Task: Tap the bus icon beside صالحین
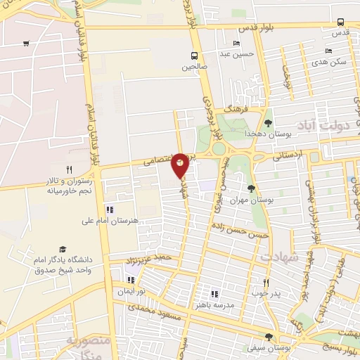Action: (x=195, y=56)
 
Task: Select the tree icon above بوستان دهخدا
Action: (x=268, y=123)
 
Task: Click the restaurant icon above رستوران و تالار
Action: (x=69, y=169)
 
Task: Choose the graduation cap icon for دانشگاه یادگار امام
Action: (x=63, y=250)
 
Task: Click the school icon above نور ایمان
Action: (x=130, y=281)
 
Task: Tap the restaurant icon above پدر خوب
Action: (x=266, y=283)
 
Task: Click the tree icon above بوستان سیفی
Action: (x=269, y=337)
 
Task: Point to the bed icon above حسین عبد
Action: (x=236, y=43)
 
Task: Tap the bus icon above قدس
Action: (x=340, y=22)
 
